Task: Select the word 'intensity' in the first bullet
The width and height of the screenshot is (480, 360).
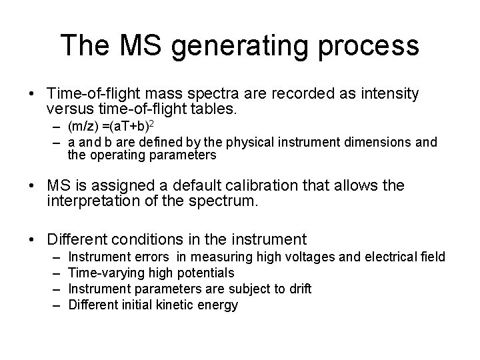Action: (x=382, y=95)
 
